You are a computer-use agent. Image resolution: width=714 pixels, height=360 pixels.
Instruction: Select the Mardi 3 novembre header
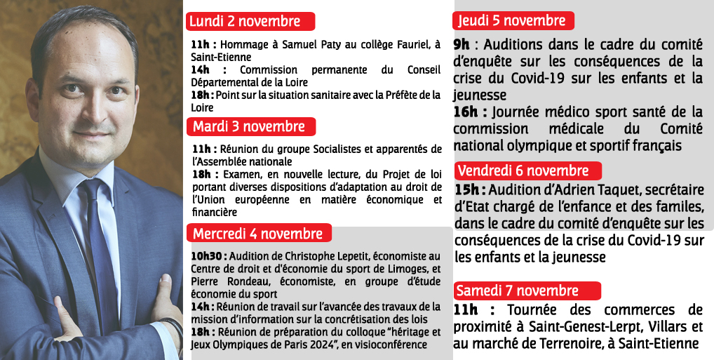[x=250, y=127]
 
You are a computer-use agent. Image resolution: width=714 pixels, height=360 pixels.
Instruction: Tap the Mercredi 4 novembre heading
[x=258, y=233]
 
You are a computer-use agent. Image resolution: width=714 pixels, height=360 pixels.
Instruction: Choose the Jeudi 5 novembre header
[x=513, y=20]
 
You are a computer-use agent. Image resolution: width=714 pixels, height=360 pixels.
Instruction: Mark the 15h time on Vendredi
[x=469, y=190]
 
